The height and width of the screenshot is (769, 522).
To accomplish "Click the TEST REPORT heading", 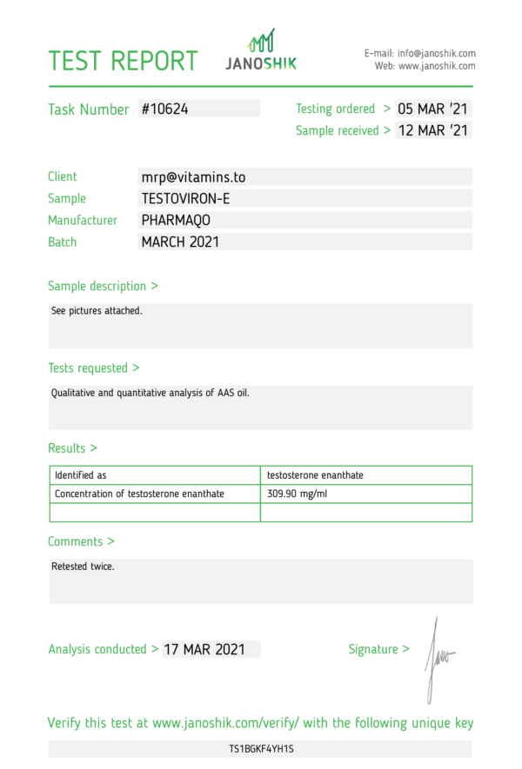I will tap(123, 61).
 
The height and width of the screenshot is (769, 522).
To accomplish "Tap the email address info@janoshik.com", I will tap(436, 53).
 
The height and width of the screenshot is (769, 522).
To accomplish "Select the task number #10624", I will tap(164, 109).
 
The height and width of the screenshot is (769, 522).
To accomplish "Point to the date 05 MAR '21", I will tap(433, 109).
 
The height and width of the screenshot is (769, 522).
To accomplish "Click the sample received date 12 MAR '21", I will tap(433, 131).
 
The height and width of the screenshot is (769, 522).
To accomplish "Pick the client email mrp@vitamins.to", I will tap(193, 177).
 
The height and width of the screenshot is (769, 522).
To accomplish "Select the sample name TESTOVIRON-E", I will tap(185, 199).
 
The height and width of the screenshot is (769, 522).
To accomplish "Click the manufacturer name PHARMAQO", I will tap(176, 221).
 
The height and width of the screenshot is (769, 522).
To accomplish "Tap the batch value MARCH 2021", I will tap(180, 242).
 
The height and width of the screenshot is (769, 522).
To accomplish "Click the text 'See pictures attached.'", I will tap(97, 310).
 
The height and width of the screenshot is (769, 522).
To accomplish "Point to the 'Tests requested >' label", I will tap(93, 368).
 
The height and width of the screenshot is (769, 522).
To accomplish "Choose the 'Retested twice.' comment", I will tap(83, 567).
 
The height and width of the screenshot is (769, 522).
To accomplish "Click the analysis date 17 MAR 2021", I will tap(204, 649).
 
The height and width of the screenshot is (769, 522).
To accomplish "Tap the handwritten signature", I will tap(437, 658).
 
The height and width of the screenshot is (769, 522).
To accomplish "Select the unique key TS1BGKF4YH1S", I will tap(261, 748).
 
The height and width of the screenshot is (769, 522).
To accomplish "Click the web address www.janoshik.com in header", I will tap(437, 66).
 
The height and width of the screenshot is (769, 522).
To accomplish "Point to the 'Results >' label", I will tap(72, 448).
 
